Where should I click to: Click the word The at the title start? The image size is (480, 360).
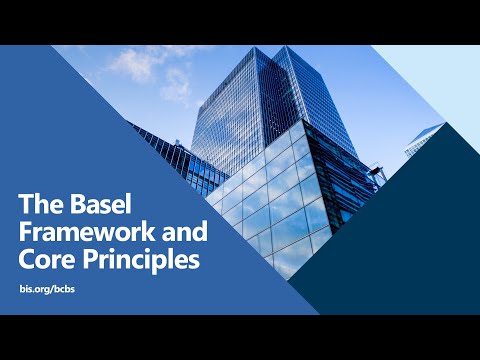(x=37, y=205)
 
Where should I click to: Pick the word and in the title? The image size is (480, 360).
(x=182, y=233)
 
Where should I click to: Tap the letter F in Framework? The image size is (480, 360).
(x=26, y=233)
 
